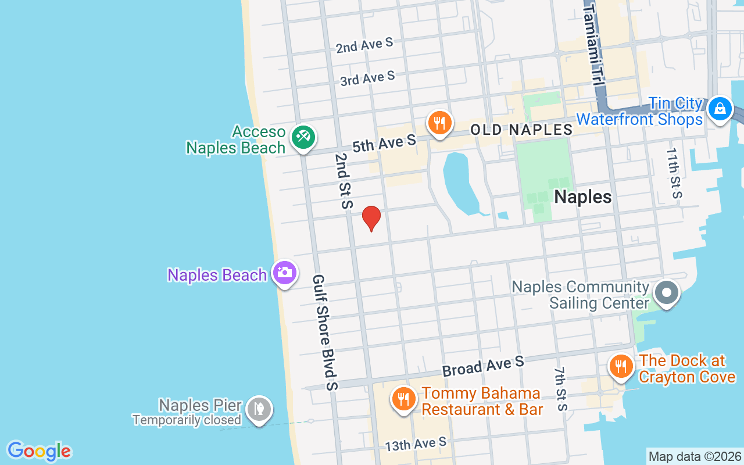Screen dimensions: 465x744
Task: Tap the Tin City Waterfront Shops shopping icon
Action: pos(720,109)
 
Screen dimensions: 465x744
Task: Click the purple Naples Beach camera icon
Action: pos(285,272)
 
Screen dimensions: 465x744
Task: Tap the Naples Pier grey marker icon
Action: pos(259,409)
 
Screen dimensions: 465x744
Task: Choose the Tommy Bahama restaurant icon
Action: pos(402,399)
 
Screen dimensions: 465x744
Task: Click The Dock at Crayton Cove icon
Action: pos(621,366)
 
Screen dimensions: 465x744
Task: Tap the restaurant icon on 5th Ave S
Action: pos(440,123)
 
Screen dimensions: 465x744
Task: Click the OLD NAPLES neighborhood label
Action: pos(521,129)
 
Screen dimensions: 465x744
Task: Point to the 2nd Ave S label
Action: pos(364,45)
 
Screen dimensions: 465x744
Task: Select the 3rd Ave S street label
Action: pos(367,78)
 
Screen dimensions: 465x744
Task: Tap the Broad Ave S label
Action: pos(483,366)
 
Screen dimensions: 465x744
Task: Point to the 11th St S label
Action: pos(674,173)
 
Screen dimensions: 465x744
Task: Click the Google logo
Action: pos(39,451)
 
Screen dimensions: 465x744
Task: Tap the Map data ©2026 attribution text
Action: pos(695,456)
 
